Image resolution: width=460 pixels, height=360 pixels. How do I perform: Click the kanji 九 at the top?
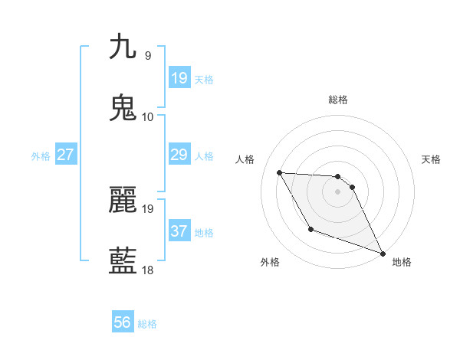click(x=123, y=47)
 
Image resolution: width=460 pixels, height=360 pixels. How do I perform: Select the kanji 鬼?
click(x=123, y=108)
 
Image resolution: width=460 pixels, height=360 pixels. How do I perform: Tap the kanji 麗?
click(x=123, y=200)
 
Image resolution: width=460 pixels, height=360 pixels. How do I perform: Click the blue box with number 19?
click(x=179, y=78)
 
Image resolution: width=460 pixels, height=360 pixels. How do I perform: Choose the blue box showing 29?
click(x=179, y=155)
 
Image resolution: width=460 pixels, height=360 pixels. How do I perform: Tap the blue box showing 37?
click(x=179, y=231)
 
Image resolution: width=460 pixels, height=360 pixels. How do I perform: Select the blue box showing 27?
click(x=65, y=155)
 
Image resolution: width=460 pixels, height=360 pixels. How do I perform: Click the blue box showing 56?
click(x=123, y=322)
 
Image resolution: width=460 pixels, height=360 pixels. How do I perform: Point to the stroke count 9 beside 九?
click(x=147, y=55)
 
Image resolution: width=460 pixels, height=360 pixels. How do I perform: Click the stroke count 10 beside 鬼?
click(x=148, y=116)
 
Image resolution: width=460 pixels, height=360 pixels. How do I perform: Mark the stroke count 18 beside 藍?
click(x=148, y=270)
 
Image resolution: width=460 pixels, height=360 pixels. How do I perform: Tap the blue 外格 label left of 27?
click(x=41, y=156)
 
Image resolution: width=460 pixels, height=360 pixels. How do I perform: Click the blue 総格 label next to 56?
click(x=147, y=324)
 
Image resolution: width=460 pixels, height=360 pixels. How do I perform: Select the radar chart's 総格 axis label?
click(x=337, y=100)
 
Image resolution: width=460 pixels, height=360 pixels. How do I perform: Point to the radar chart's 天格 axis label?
click(x=432, y=159)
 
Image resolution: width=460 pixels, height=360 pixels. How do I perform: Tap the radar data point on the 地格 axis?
click(x=383, y=254)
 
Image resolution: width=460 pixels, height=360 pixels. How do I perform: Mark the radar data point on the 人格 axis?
click(x=279, y=172)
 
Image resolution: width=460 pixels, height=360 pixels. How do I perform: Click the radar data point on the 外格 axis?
click(x=310, y=229)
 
